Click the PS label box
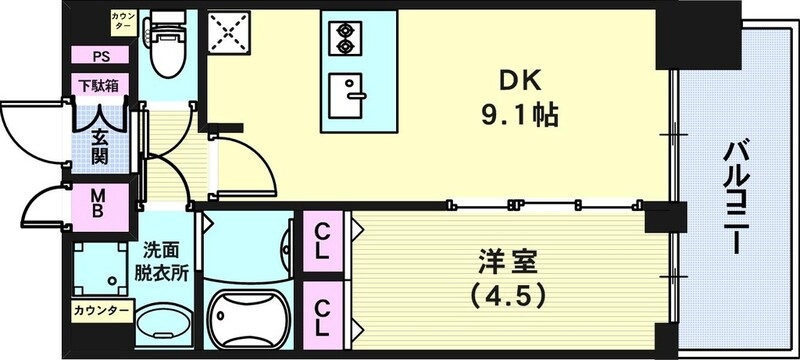coord(100,57)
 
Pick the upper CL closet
coord(324,243)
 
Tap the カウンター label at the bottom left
coord(100,311)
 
